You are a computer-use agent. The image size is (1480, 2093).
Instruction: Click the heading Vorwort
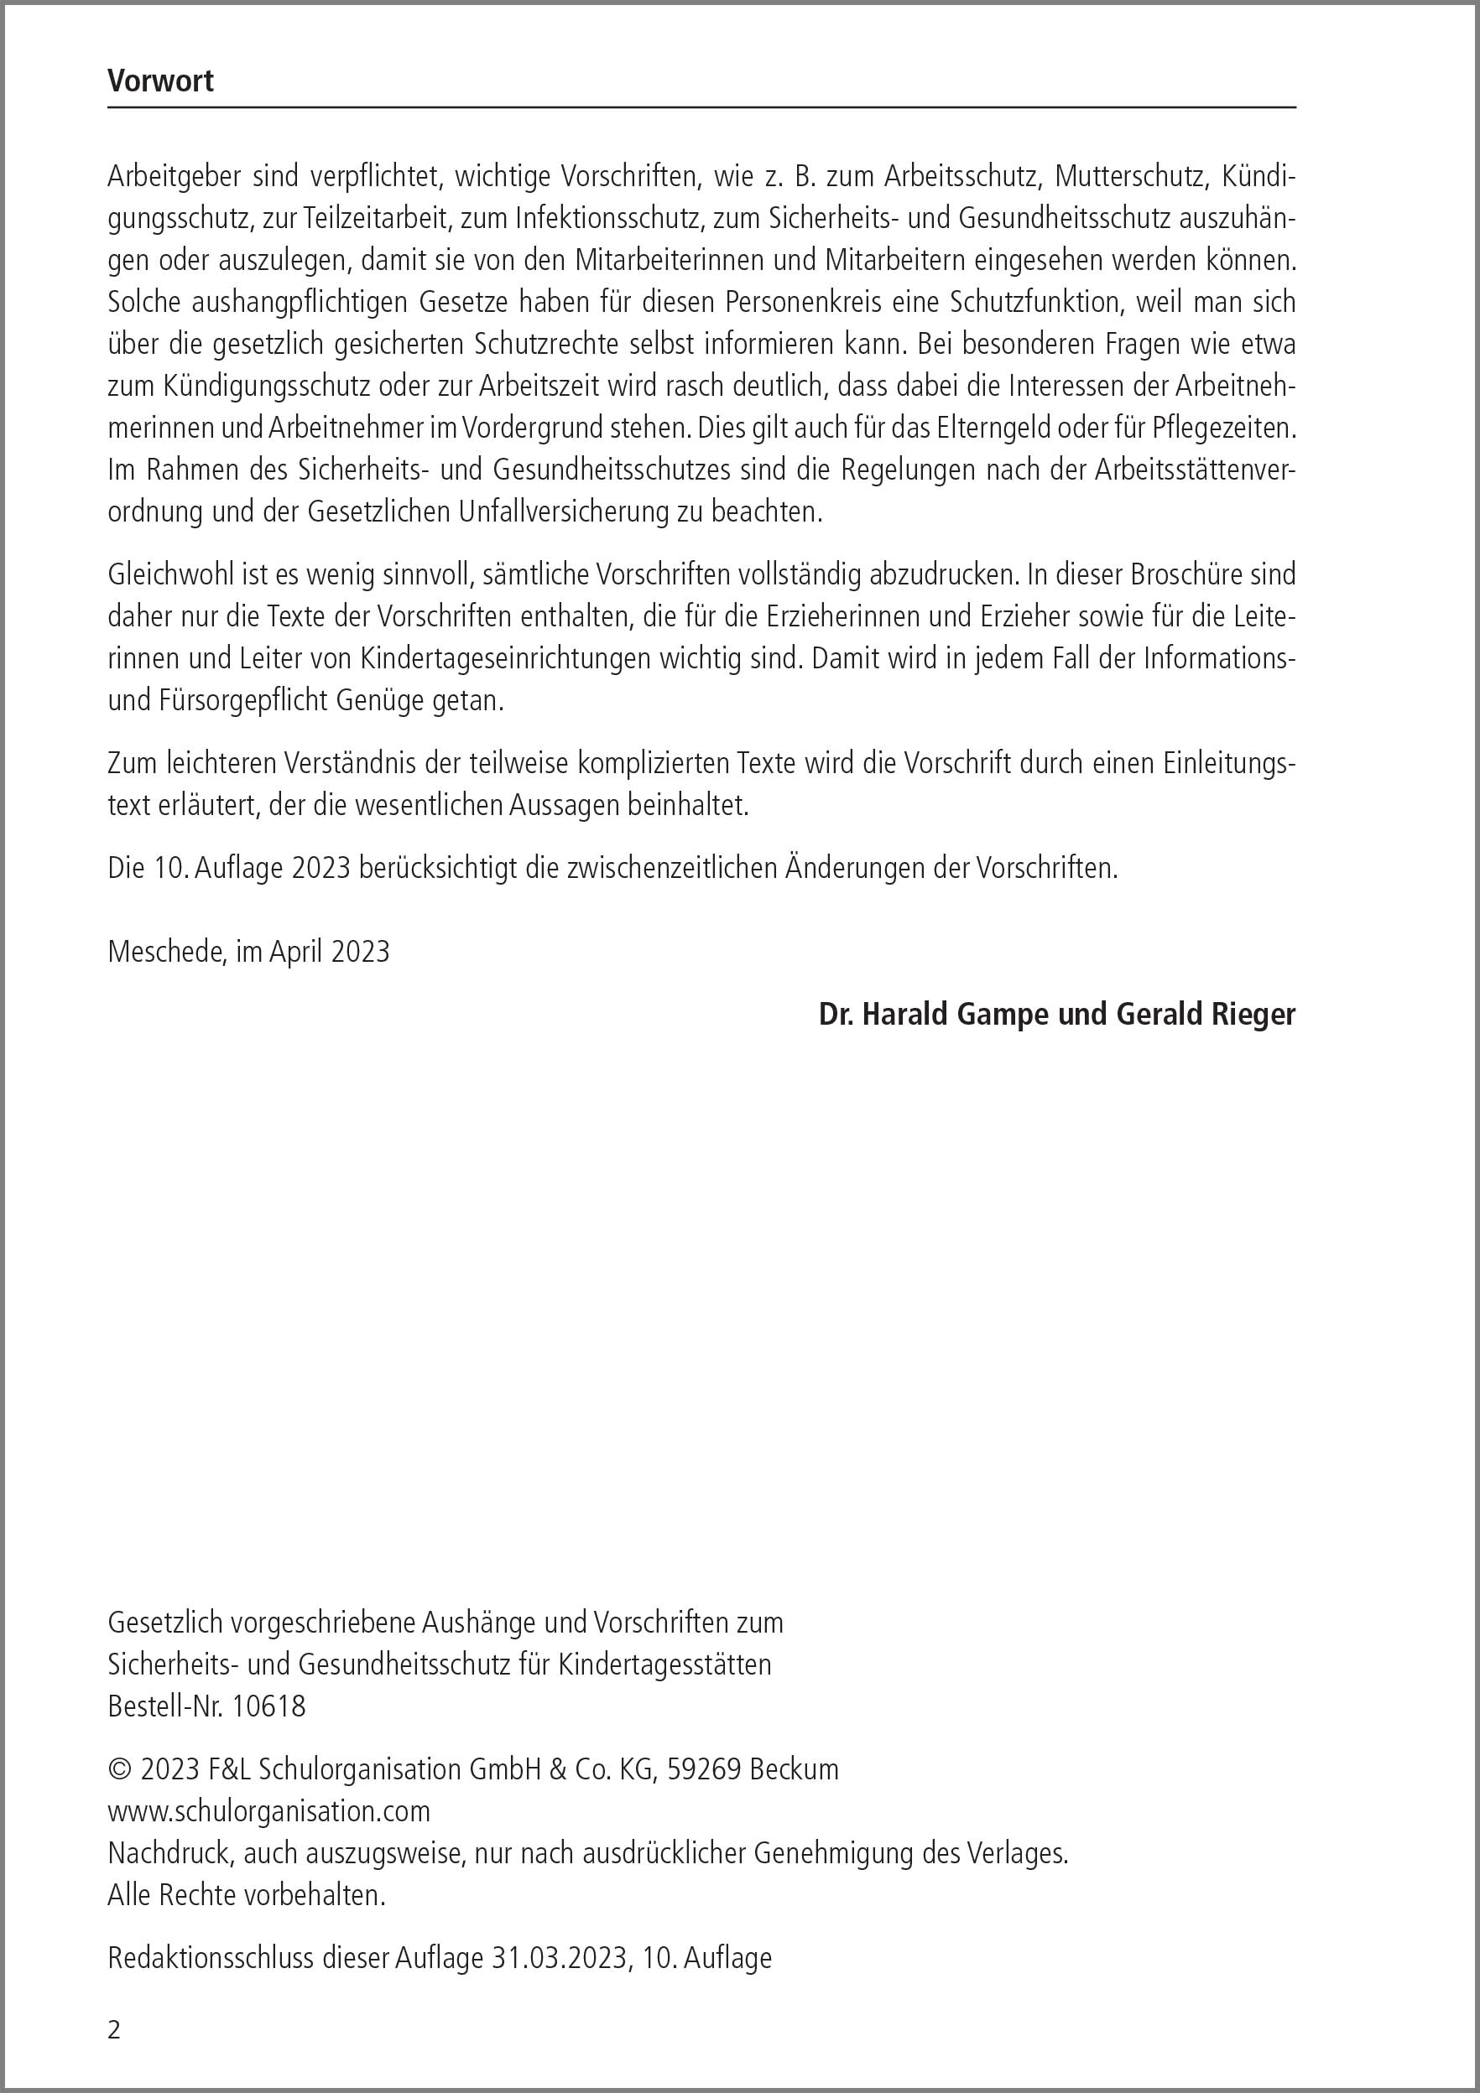[160, 81]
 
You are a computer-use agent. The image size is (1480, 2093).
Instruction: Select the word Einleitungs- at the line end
[1229, 763]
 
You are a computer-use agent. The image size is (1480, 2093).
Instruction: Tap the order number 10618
[269, 1706]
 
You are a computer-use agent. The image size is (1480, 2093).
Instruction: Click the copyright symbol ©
[119, 1769]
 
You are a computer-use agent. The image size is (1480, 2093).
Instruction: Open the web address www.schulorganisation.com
[269, 1810]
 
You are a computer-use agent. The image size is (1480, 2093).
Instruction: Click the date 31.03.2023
[560, 1957]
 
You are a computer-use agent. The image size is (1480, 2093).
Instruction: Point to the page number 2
[114, 2030]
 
